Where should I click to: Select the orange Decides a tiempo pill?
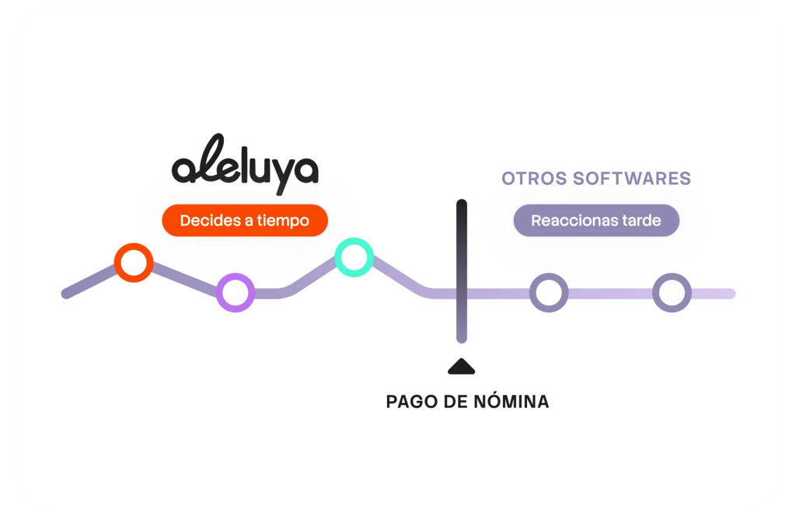(245, 221)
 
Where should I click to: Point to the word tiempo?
(282, 221)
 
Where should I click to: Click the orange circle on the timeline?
(134, 263)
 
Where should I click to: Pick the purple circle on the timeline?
(236, 292)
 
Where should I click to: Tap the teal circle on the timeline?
(354, 257)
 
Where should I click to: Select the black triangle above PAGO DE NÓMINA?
(461, 366)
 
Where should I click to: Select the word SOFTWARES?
(631, 178)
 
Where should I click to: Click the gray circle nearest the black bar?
(549, 293)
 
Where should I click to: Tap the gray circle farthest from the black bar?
(672, 293)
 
